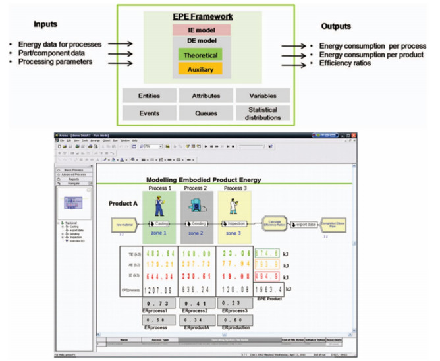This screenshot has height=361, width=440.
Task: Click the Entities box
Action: pyautogui.click(x=149, y=96)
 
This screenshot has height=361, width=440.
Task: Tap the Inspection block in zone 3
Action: pyautogui.click(x=235, y=223)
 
